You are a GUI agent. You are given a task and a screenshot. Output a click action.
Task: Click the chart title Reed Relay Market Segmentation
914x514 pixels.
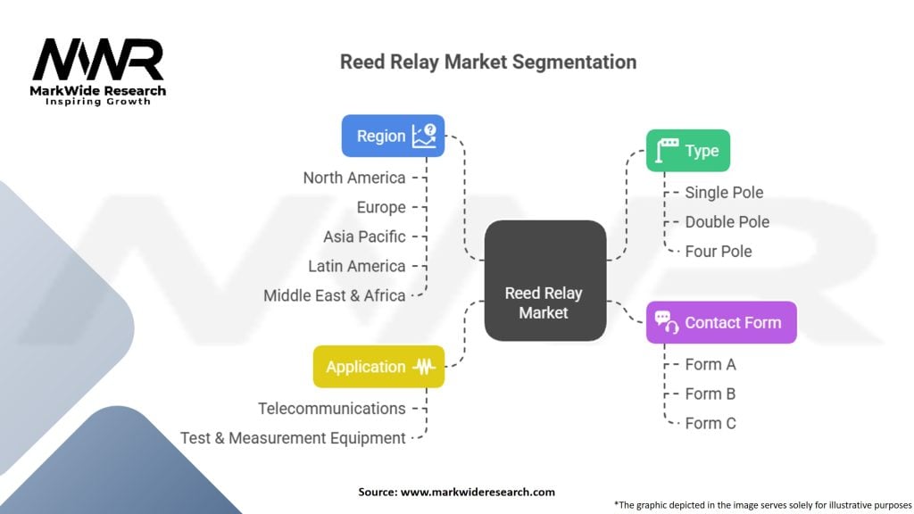(x=487, y=62)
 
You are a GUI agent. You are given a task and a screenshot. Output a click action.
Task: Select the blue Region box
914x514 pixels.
(x=393, y=136)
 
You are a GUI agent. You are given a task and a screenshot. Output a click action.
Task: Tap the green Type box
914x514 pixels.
(x=687, y=151)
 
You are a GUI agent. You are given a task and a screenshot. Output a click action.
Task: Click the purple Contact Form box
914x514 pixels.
(x=721, y=322)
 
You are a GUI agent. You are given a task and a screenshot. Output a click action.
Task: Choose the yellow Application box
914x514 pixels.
(x=378, y=367)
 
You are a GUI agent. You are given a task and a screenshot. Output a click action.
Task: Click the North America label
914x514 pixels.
(x=354, y=178)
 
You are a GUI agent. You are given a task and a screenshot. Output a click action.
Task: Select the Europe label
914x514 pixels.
(x=380, y=207)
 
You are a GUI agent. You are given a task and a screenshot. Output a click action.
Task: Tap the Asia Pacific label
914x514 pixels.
(x=364, y=236)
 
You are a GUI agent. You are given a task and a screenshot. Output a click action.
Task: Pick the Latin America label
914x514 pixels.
(x=356, y=266)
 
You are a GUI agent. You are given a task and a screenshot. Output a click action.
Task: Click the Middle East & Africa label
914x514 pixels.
(x=335, y=295)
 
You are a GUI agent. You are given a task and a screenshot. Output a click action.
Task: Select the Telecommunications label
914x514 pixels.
(x=332, y=409)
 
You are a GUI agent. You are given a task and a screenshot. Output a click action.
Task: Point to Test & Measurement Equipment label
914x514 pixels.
(x=293, y=438)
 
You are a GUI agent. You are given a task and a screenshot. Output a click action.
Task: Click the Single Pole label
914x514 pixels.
(x=724, y=192)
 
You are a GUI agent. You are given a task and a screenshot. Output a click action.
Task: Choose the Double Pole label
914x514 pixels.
(x=727, y=221)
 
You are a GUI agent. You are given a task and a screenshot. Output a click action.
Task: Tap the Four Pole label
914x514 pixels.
(x=719, y=251)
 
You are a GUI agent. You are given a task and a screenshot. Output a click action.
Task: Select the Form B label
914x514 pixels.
(x=710, y=394)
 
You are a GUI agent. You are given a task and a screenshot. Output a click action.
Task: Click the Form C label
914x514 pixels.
(x=710, y=423)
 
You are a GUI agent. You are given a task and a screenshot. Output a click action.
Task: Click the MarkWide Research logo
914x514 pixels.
(x=99, y=71)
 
